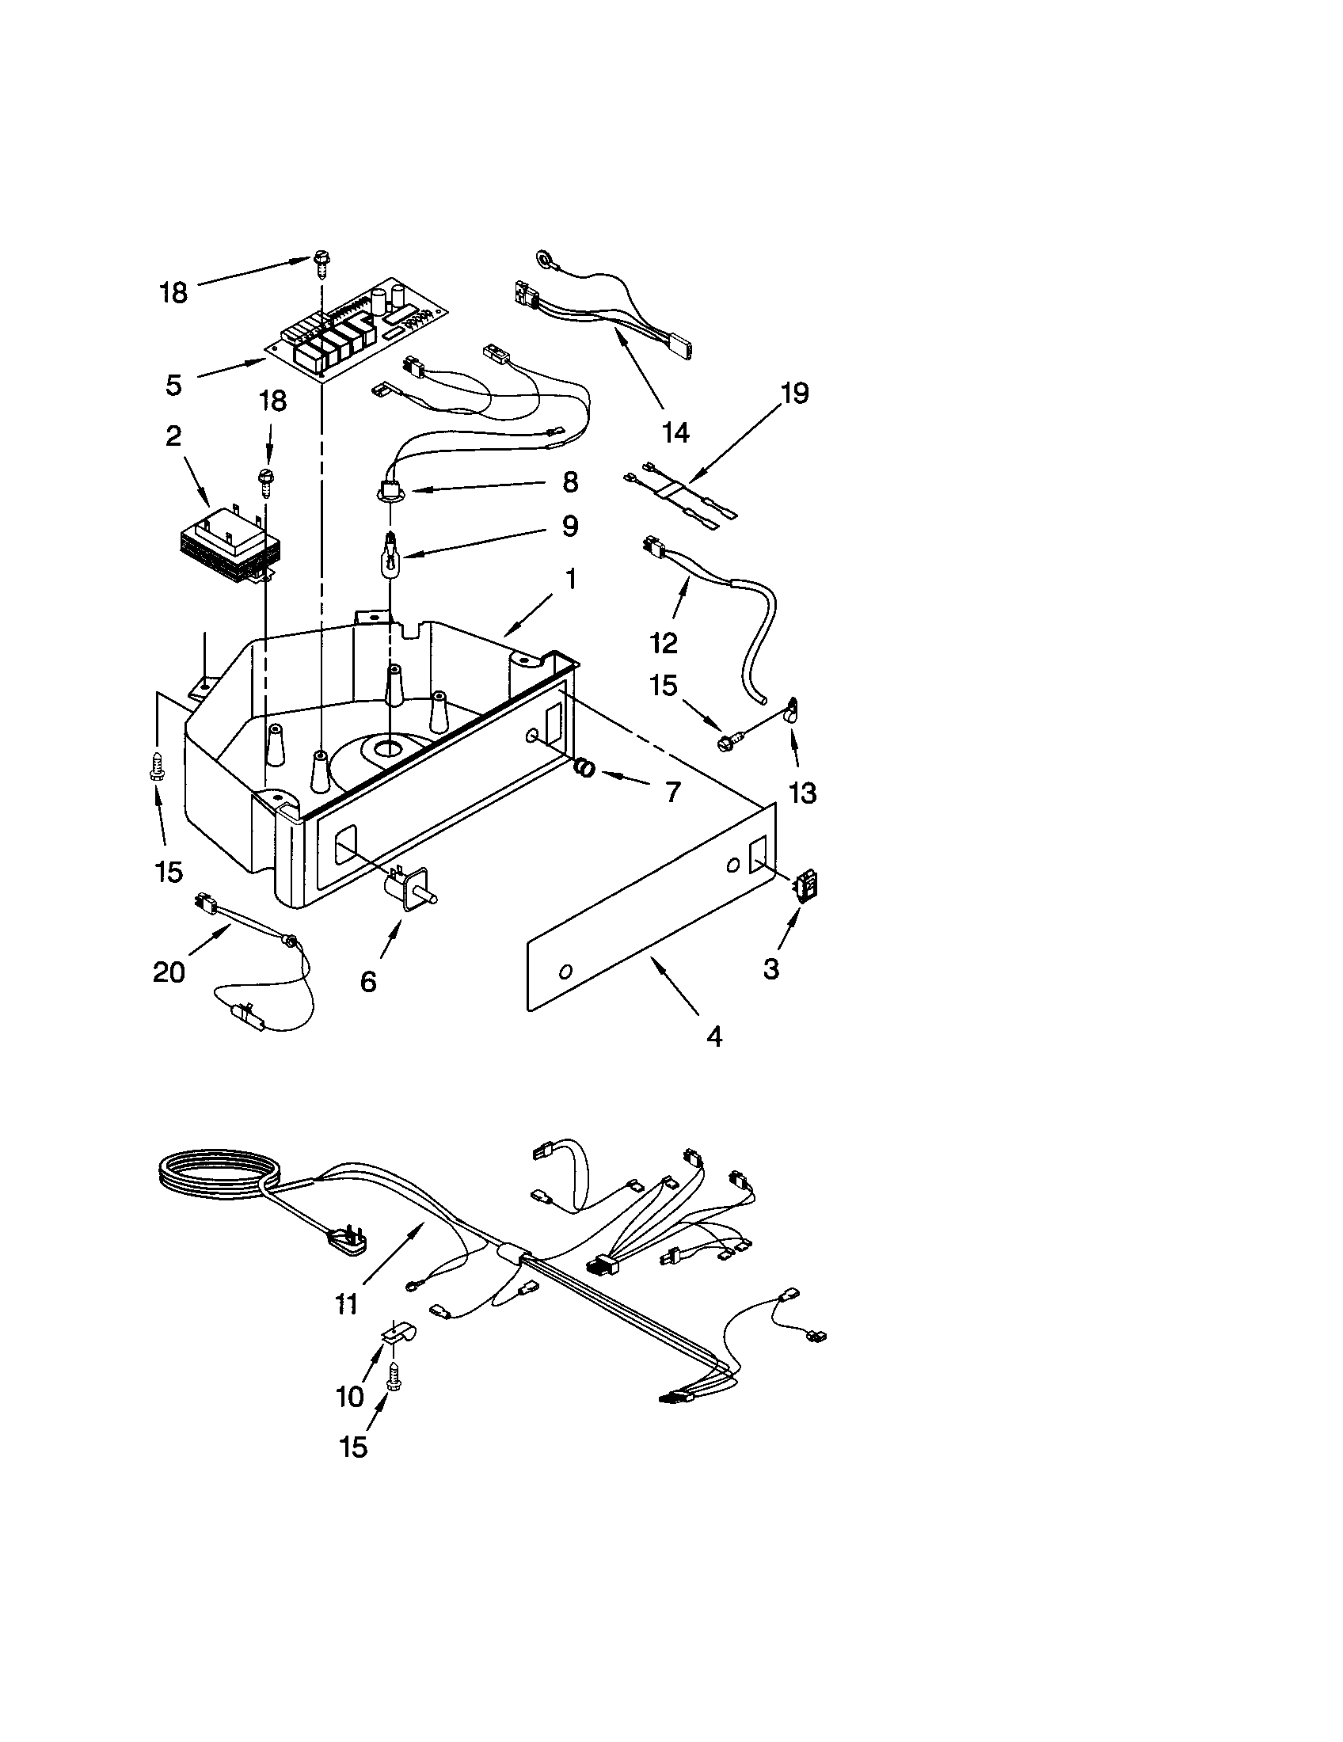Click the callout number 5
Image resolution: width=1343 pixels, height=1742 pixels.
pos(174,385)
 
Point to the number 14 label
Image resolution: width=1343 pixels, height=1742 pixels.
pos(675,432)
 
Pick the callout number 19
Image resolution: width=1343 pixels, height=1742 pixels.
pos(794,394)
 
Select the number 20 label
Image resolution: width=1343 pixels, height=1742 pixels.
pos(169,972)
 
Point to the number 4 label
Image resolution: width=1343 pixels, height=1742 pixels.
pos(714,1037)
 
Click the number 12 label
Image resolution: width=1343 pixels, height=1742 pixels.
pos(664,642)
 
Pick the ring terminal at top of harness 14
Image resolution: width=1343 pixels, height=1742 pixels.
pos(545,259)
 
